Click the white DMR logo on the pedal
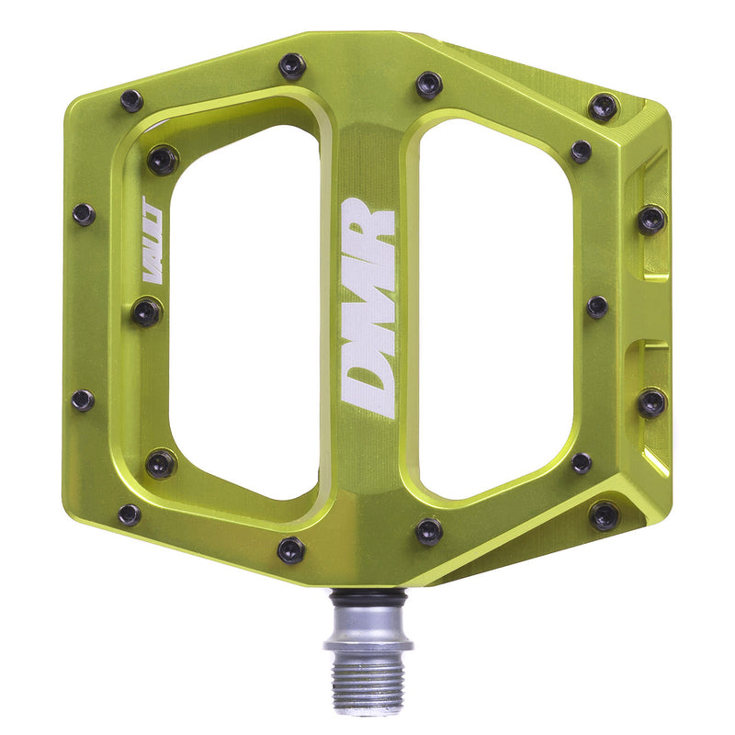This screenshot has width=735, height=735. [x=368, y=308]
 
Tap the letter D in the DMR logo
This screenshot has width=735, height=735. [x=368, y=385]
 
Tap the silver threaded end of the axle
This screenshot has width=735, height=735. [x=367, y=680]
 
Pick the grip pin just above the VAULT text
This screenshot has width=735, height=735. [x=162, y=160]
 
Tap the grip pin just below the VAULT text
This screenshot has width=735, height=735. [x=146, y=312]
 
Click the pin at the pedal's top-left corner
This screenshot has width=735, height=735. [x=131, y=100]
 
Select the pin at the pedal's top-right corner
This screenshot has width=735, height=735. [x=604, y=107]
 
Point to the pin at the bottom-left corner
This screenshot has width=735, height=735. [x=130, y=514]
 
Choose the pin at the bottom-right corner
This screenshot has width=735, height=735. [x=604, y=515]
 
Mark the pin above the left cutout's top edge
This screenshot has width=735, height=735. [x=292, y=65]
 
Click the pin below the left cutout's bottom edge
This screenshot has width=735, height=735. [x=291, y=549]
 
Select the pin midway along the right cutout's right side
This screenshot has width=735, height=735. [x=597, y=307]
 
